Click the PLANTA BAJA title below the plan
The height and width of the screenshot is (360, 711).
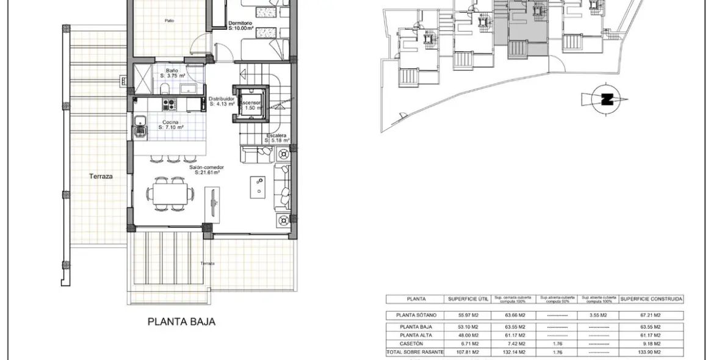point(181,322)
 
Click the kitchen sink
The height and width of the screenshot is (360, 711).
point(140,129)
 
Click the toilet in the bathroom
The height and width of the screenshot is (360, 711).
point(164,90)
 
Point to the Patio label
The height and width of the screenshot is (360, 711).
point(169,20)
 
